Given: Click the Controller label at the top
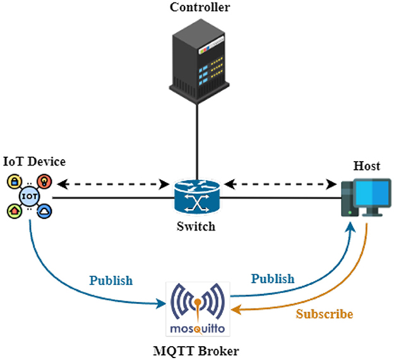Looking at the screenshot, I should tap(200, 8).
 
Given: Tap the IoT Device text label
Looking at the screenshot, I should tap(34, 162).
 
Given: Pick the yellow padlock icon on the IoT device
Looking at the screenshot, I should tap(14, 183).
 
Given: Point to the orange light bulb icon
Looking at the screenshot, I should tap(44, 182).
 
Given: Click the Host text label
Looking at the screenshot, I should tap(367, 166).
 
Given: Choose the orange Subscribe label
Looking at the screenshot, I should tap(325, 314).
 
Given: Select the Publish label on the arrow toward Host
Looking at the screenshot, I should tap(272, 279).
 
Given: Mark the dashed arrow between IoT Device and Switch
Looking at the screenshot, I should tap(111, 184).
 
